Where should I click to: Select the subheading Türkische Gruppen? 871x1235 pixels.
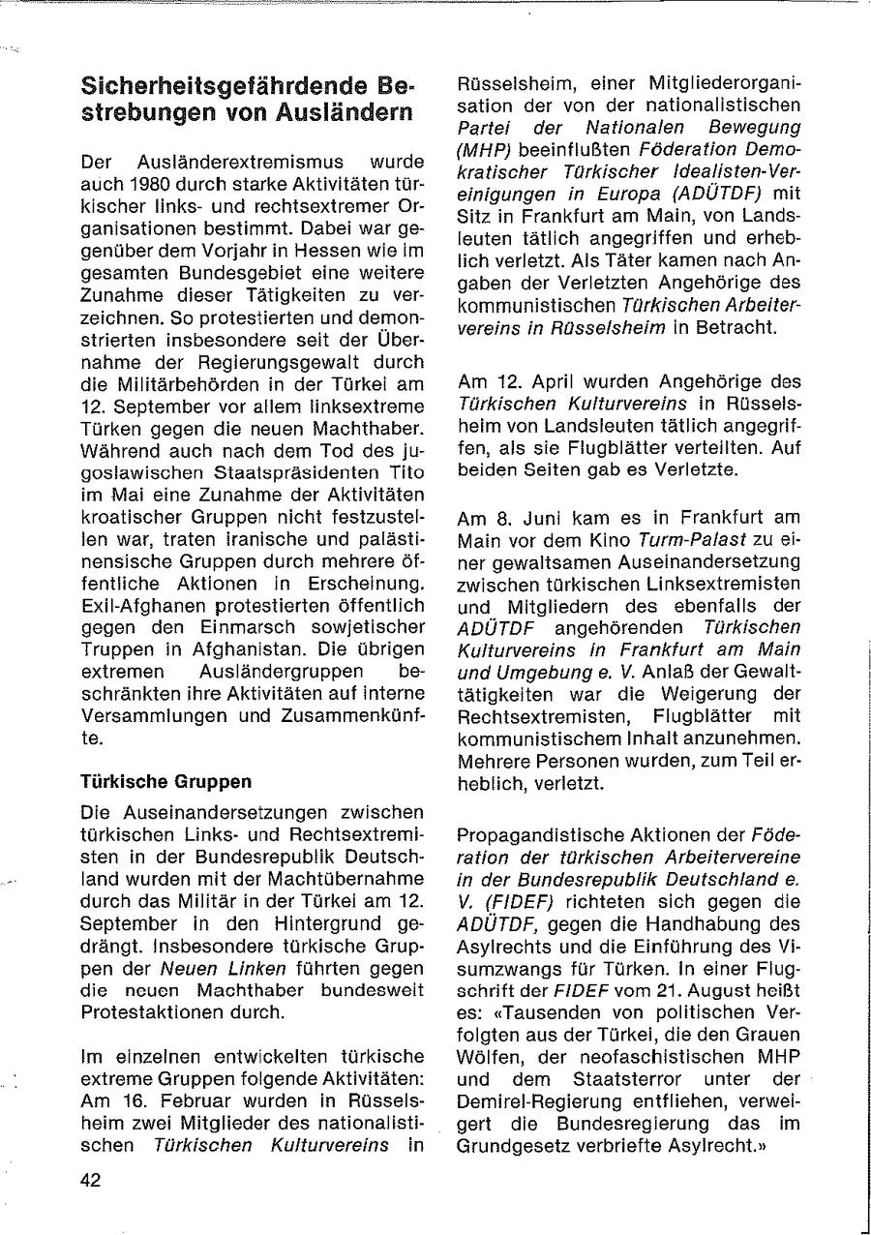[166, 780]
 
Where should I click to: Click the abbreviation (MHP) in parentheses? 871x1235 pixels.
[484, 148]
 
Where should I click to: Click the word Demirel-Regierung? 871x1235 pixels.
[528, 1101]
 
